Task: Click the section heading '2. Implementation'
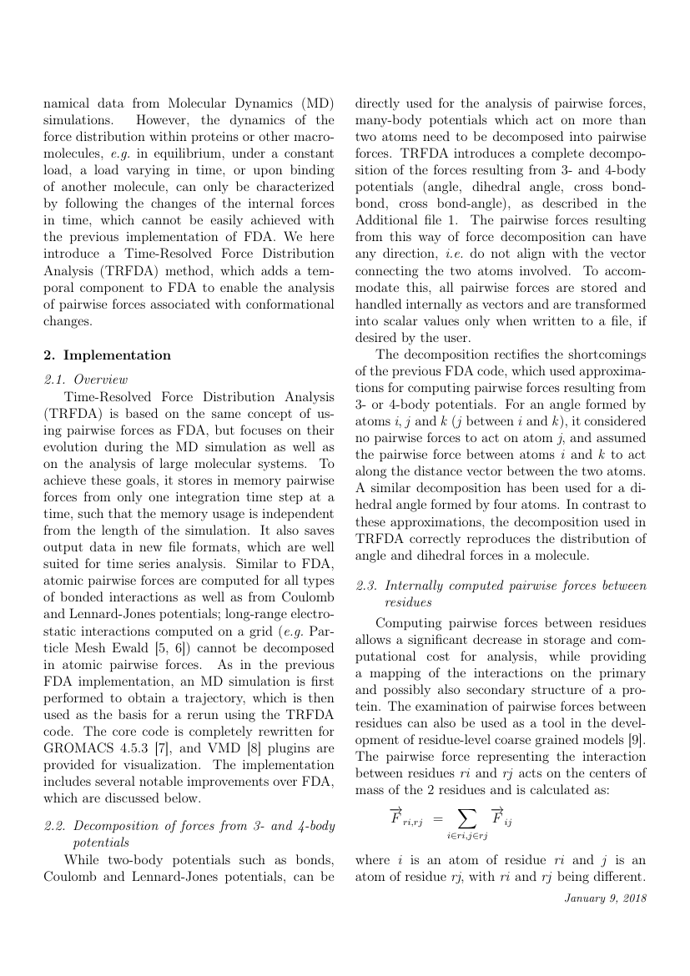click(107, 355)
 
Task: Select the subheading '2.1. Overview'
click(85, 380)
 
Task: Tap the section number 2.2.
click(55, 827)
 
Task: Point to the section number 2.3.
click(368, 586)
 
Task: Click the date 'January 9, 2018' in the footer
click(605, 898)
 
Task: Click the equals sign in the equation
click(437, 821)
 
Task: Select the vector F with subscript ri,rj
click(405, 818)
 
